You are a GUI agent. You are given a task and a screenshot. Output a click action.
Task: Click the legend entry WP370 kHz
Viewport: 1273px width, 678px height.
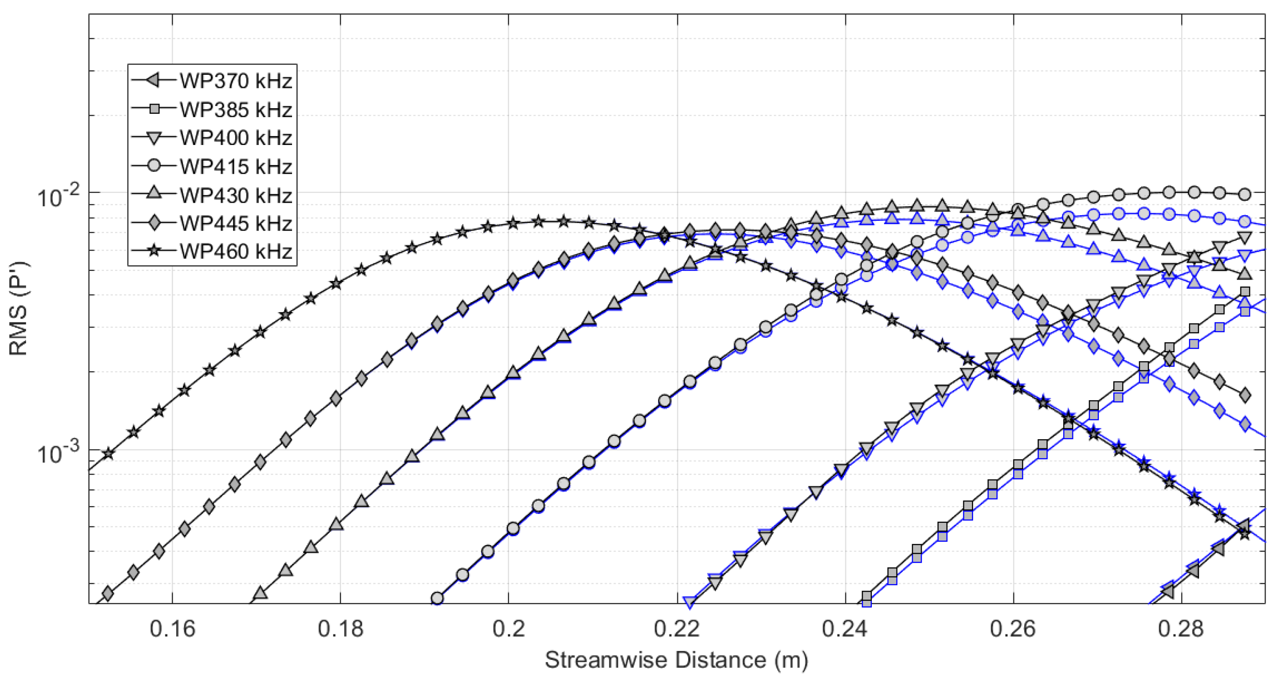click(236, 80)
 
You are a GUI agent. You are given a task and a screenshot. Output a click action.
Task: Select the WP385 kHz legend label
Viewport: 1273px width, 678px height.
click(236, 109)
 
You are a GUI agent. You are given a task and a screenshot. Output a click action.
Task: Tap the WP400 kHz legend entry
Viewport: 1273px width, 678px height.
click(236, 138)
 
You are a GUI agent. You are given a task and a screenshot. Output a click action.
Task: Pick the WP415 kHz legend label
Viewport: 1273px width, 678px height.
click(236, 166)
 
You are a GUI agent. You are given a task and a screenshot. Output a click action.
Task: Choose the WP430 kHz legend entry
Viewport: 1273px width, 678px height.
click(236, 195)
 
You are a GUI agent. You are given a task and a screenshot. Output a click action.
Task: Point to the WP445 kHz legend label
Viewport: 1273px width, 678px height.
click(236, 223)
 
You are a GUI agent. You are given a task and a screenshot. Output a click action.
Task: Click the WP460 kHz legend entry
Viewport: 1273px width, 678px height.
click(236, 251)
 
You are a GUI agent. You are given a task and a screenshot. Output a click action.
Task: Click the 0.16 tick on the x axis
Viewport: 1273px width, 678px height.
click(172, 629)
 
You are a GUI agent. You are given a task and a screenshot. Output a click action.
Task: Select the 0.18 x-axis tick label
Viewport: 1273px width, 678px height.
click(340, 629)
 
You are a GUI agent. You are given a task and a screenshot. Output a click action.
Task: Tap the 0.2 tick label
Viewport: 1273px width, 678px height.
click(508, 629)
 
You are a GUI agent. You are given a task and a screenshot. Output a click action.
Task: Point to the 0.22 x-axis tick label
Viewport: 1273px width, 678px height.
click(677, 629)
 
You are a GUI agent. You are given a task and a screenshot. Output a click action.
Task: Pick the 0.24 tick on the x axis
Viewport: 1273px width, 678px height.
click(845, 629)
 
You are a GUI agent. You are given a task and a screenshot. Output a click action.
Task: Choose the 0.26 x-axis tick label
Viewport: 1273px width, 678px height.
click(1013, 629)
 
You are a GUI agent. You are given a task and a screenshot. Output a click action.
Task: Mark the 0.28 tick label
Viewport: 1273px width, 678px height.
click(1182, 629)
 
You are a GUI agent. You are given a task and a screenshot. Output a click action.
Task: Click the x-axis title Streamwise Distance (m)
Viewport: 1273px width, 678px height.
click(676, 660)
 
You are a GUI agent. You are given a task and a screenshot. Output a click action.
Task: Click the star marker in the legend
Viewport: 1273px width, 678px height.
click(154, 251)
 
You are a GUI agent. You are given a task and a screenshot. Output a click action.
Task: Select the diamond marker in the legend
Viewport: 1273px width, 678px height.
click(154, 223)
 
